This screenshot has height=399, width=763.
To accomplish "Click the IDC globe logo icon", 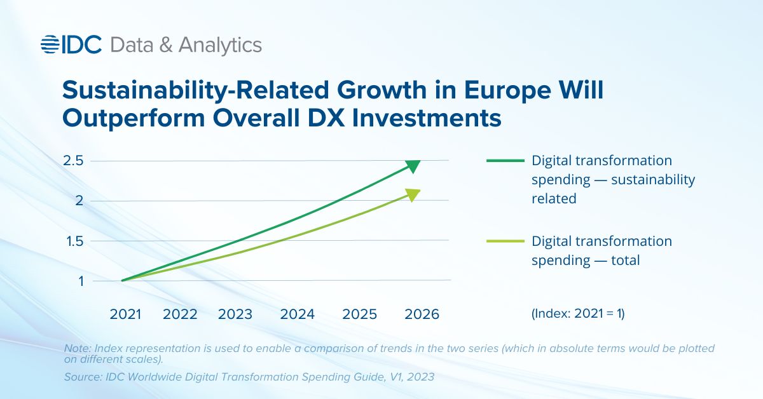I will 49,44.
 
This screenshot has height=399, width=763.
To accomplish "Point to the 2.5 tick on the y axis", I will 74,160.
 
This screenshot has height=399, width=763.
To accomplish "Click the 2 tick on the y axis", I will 79,201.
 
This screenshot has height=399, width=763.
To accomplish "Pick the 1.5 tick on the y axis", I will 74,241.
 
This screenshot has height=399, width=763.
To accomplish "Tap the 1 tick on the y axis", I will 81,281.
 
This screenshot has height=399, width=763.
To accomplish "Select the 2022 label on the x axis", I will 180,314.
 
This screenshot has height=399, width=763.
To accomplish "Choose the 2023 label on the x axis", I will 235,314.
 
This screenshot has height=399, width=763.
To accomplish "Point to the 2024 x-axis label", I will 297,314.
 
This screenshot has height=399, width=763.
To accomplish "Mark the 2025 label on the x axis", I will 360,314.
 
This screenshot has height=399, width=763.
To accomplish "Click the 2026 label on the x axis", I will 422,314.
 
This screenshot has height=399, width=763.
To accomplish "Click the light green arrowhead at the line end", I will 413,195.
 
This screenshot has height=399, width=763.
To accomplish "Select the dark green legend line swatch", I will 504,161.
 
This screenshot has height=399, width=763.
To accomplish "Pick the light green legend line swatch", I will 504,241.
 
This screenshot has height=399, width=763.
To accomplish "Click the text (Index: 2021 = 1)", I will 578,314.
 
